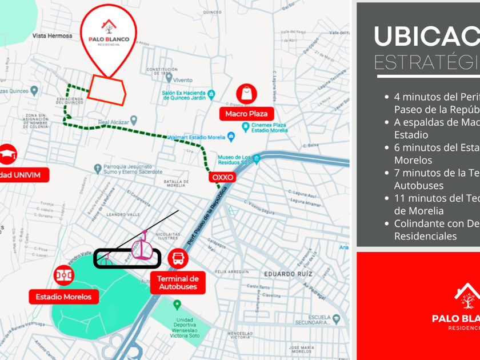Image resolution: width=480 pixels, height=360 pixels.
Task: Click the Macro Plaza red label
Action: click(246, 114)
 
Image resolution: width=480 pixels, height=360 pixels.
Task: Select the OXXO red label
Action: click(223, 177)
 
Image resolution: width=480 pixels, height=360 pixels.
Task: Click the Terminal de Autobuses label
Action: click(178, 282)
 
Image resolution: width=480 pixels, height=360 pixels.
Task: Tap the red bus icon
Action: click(178, 258)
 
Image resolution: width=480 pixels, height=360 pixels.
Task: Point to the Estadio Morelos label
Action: click(63, 297)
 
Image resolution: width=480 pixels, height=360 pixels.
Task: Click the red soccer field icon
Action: click(63, 275)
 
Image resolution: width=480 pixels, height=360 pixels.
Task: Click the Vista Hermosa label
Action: click(53, 35)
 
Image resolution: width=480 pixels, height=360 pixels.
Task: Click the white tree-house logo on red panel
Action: click(467, 297)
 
